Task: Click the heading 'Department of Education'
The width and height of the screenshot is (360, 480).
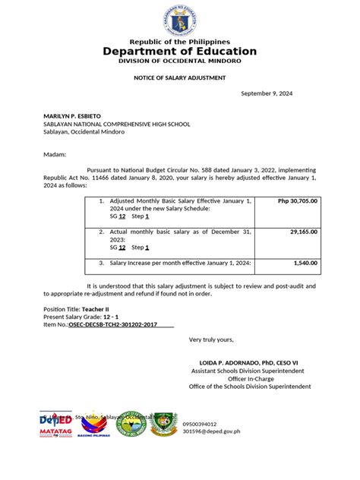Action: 180,52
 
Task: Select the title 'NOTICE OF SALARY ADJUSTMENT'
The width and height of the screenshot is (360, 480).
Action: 180,77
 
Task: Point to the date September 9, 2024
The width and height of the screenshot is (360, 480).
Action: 267,93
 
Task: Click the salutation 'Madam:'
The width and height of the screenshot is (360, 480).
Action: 55,153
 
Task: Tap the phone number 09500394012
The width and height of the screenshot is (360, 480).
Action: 199,424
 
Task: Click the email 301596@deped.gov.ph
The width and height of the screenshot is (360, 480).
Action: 210,431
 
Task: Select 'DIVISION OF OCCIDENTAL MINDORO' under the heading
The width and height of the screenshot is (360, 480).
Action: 180,61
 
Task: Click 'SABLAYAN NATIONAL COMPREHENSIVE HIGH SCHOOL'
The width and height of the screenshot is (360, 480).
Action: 116,124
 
